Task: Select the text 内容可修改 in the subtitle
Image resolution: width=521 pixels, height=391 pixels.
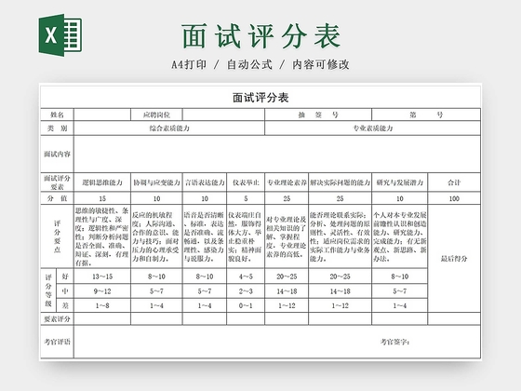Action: [x=320, y=64]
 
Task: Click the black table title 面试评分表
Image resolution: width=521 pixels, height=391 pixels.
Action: [x=260, y=98]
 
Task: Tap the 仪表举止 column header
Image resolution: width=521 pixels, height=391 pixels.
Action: [x=246, y=182]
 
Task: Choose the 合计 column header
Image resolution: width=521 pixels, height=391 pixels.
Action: [x=453, y=182]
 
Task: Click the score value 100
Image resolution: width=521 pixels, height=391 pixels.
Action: [x=453, y=198]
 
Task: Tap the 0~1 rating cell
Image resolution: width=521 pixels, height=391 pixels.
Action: [x=246, y=304]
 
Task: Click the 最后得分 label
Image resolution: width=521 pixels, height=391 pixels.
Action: [x=453, y=259]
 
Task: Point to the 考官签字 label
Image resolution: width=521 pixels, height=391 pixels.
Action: [x=394, y=342]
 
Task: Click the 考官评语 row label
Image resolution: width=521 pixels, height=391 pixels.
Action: [x=57, y=342]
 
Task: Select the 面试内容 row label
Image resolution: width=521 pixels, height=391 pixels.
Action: [x=57, y=153]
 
